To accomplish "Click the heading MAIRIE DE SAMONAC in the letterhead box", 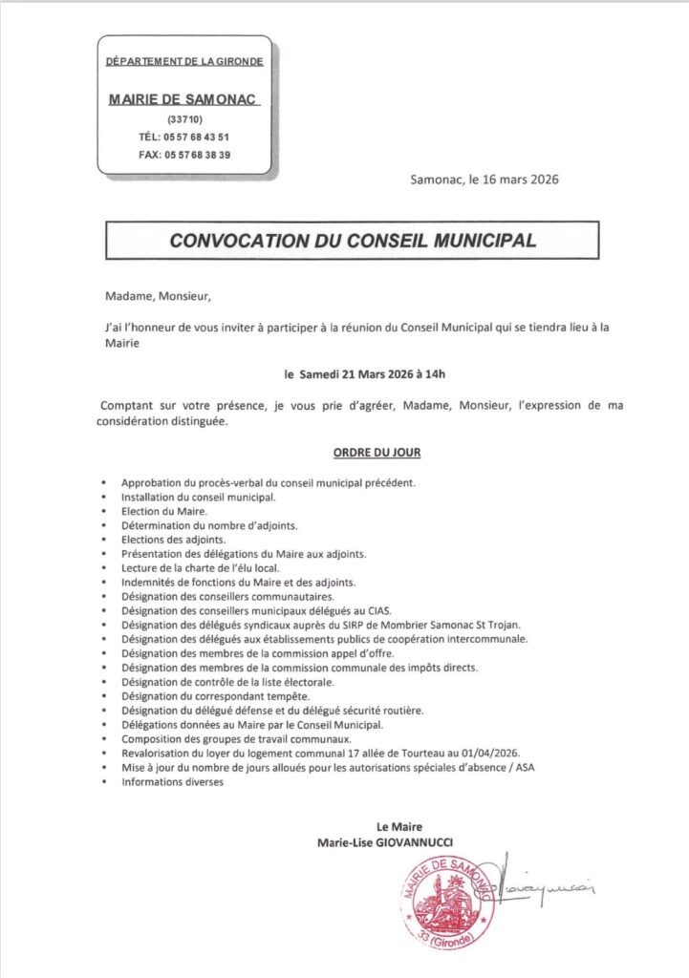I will tap(183, 99).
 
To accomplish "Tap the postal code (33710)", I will tap(183, 118).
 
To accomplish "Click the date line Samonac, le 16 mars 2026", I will tap(484, 179).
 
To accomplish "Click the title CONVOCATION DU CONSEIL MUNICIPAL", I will tap(352, 241).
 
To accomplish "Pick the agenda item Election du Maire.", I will tap(158, 512).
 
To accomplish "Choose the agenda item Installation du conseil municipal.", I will tap(198, 498).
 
